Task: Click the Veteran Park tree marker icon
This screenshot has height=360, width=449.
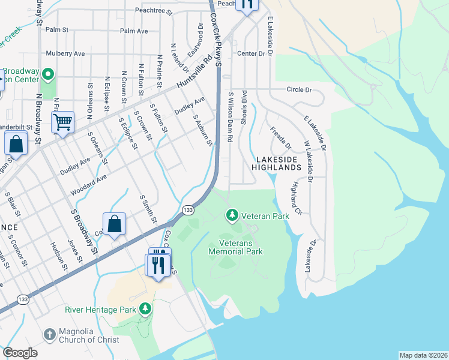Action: [x=232, y=215]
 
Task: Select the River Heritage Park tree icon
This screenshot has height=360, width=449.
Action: [x=145, y=309]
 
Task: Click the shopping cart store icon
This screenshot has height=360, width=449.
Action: [x=62, y=123]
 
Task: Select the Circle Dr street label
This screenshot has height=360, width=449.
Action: [x=300, y=90]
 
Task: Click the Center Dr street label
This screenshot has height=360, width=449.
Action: [x=251, y=53]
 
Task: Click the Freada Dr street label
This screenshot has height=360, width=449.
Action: [x=280, y=138]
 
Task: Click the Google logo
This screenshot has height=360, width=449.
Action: [x=20, y=353]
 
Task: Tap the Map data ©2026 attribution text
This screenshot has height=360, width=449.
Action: [x=423, y=355]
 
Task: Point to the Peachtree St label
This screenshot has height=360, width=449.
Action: [x=154, y=11]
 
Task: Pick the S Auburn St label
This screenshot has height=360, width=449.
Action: [x=203, y=130]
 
